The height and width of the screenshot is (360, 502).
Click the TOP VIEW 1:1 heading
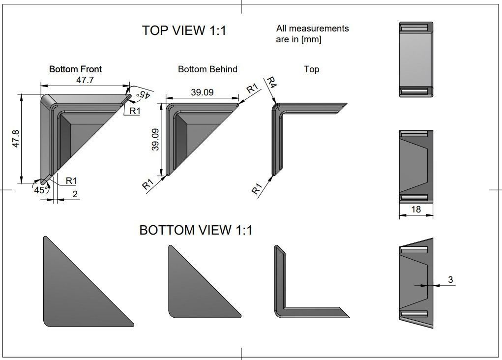(x=184, y=30)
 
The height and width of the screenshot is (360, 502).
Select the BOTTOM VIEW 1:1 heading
(x=196, y=230)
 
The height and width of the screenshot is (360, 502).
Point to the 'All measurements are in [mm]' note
(x=312, y=34)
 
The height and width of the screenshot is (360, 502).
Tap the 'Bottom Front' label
(x=75, y=69)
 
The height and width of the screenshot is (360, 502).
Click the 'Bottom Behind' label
(x=207, y=69)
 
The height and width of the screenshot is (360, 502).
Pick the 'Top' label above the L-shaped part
(x=311, y=69)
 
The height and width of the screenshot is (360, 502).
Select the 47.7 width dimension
(x=85, y=80)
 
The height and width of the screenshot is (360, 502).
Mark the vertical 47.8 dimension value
(x=16, y=139)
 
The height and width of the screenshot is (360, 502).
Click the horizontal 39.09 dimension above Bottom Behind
(x=202, y=92)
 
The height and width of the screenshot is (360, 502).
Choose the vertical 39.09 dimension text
(x=155, y=139)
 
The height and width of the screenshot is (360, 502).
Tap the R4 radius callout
(x=271, y=83)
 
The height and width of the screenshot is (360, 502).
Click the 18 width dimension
(x=415, y=210)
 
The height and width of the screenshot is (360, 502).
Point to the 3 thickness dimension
(x=450, y=280)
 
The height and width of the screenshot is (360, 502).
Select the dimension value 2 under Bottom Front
(x=75, y=194)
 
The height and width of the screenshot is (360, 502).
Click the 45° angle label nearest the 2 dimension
(x=40, y=190)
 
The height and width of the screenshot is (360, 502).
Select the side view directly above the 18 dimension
(x=416, y=166)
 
